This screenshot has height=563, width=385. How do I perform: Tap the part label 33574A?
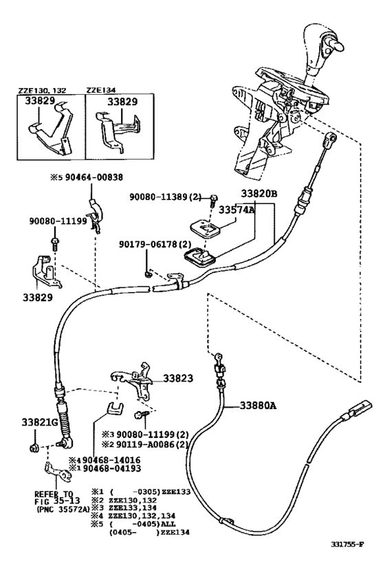click(x=236, y=211)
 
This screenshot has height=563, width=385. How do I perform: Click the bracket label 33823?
click(x=179, y=378)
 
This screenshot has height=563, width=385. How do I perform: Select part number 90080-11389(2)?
click(x=166, y=197)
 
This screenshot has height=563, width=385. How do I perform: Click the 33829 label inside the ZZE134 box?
click(x=122, y=101)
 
